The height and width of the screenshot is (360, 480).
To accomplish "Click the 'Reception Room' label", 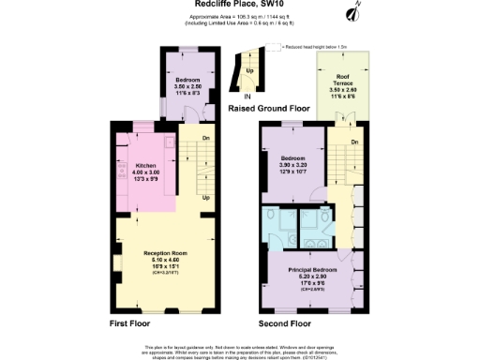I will click(161, 253).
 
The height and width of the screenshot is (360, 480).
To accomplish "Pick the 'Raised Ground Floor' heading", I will click(269, 109).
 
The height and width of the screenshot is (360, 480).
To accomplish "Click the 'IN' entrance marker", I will click(247, 96).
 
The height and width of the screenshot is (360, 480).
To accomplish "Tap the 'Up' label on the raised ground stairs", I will click(248, 69).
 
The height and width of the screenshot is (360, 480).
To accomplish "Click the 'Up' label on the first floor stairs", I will click(205, 198).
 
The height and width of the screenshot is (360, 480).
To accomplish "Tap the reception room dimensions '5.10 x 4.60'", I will click(161, 260).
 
